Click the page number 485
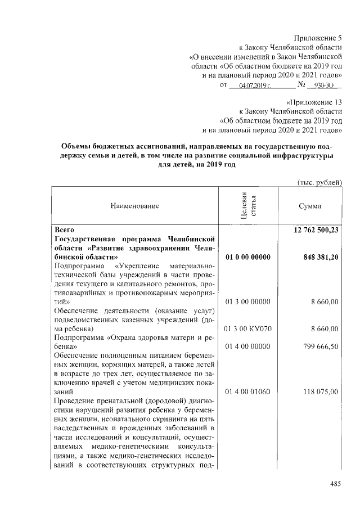[335, 483]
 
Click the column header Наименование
[135, 206]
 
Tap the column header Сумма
[310, 206]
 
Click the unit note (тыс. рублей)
[319, 182]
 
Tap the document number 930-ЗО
[324, 85]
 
